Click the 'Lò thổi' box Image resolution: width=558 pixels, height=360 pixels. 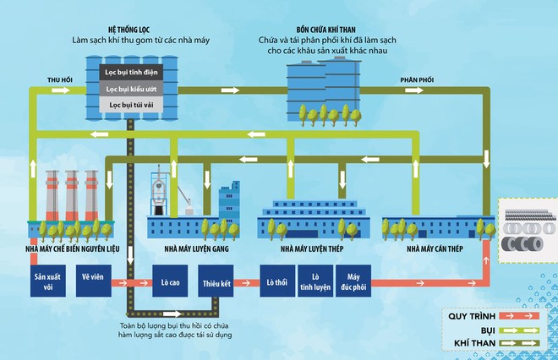pyautogui.click(x=272, y=281)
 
